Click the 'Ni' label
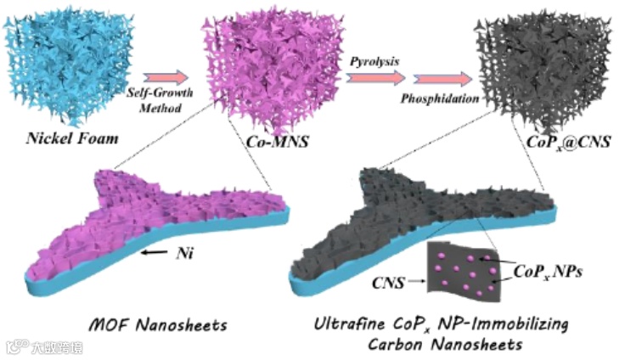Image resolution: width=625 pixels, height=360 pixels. [185, 253]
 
